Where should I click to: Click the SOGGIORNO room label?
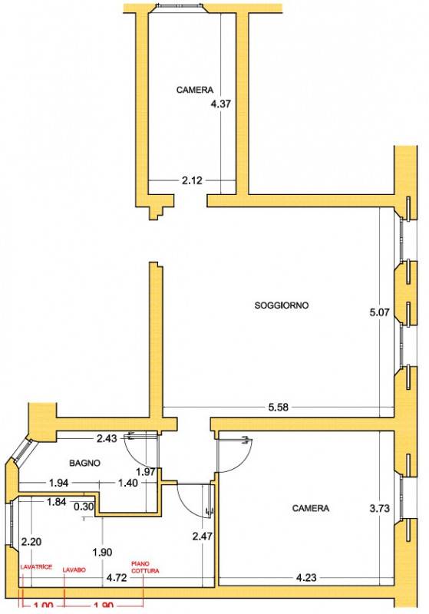click(x=282, y=305)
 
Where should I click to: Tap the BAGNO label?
click(x=84, y=463)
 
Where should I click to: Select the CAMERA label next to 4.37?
click(x=194, y=90)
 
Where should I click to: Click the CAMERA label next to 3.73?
click(x=311, y=508)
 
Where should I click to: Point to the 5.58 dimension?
click(x=279, y=408)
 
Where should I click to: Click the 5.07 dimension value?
click(x=379, y=312)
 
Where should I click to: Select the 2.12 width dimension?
click(x=192, y=180)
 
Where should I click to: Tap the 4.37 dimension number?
click(x=221, y=104)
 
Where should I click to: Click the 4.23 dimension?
click(x=306, y=577)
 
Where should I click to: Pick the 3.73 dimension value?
click(x=379, y=508)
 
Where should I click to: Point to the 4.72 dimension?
click(x=117, y=578)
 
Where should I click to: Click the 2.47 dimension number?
click(x=203, y=536)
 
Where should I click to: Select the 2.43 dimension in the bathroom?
click(x=107, y=438)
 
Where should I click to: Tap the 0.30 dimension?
click(x=84, y=507)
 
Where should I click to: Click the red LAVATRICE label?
click(x=36, y=567)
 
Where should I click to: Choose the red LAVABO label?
click(x=74, y=570)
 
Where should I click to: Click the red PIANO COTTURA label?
click(x=145, y=567)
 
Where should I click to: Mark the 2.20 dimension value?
click(x=31, y=542)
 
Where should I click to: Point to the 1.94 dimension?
click(x=59, y=483)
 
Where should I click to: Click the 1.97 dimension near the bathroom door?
click(x=146, y=472)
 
